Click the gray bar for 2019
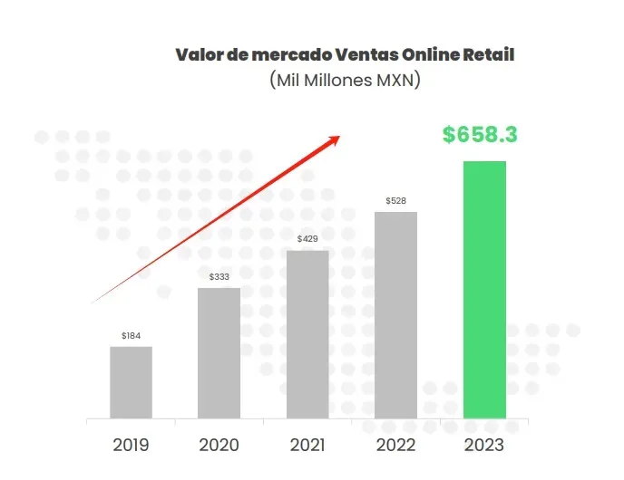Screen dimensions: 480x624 point(132,382)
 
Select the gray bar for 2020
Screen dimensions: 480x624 point(219,353)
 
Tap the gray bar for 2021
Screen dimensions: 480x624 point(307,334)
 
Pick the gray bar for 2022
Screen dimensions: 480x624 point(395,315)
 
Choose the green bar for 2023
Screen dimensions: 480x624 point(484,290)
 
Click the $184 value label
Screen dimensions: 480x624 point(132,336)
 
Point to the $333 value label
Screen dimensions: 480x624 point(219,277)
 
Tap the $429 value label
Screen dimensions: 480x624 point(307,239)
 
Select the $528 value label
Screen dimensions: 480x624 point(395,200)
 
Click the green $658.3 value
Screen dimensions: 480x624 point(480,135)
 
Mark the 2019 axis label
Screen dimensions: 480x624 point(132,445)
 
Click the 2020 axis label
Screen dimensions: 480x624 point(219,445)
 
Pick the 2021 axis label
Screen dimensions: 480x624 point(307,445)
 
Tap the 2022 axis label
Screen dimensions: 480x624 point(395,445)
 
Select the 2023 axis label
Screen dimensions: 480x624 point(484,445)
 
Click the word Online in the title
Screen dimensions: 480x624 point(421,54)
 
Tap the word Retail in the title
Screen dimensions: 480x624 point(488,54)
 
